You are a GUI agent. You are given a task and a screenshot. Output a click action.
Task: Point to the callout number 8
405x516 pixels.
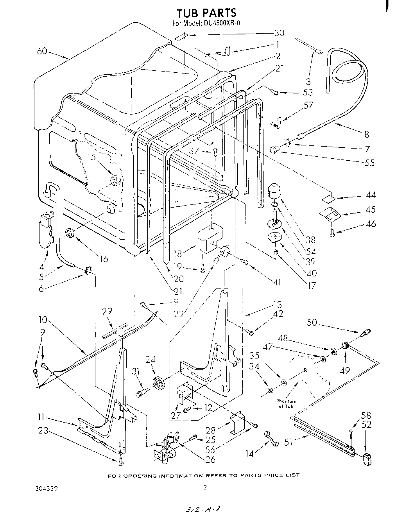pyautogui.click(x=366, y=134)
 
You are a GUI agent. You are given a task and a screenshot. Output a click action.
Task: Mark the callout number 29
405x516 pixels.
pyautogui.click(x=107, y=311)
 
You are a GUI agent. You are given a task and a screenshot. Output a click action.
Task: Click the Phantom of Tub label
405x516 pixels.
pyautogui.click(x=286, y=403)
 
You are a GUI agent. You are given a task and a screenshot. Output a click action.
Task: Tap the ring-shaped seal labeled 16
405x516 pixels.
pyautogui.click(x=70, y=233)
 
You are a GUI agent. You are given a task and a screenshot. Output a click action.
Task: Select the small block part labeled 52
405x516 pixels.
pyautogui.click(x=367, y=459)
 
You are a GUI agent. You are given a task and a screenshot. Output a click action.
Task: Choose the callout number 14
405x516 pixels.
pyautogui.click(x=250, y=453)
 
